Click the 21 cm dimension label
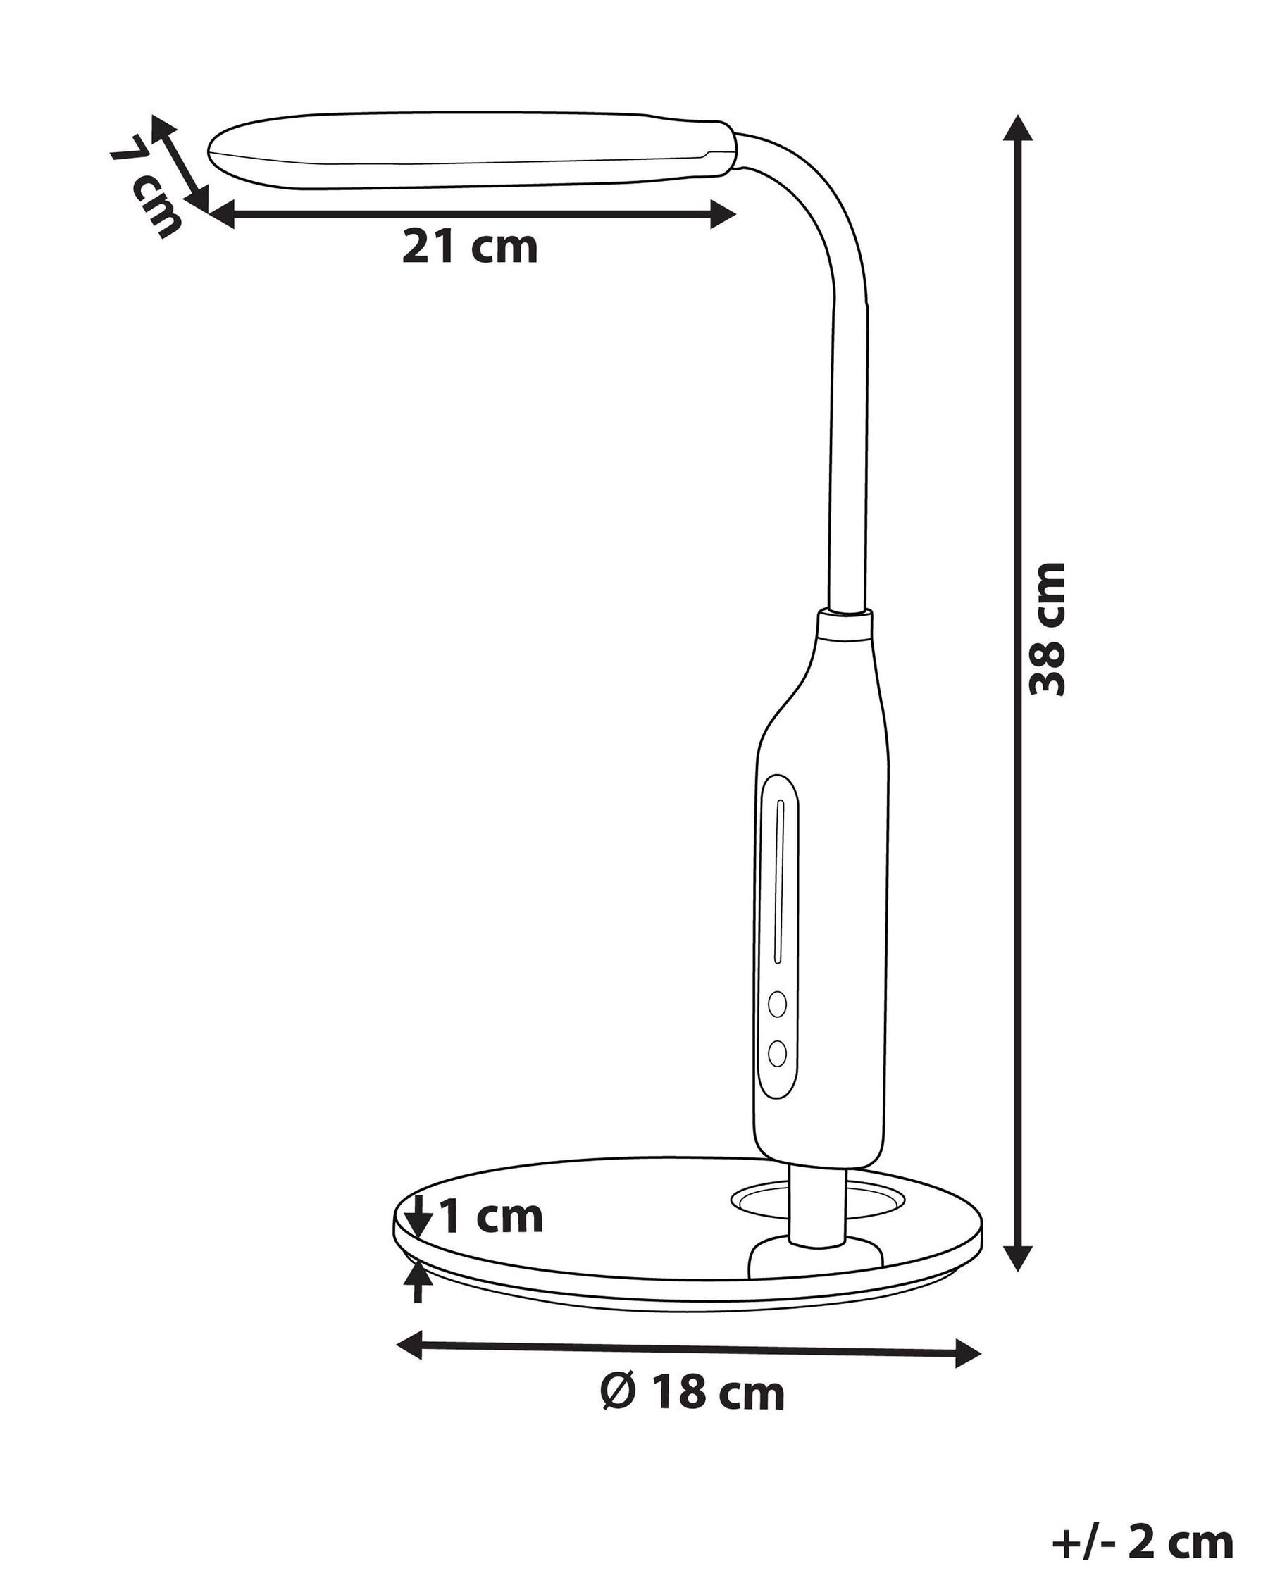click(x=470, y=247)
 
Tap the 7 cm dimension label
click(x=147, y=186)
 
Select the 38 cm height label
click(x=1047, y=628)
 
